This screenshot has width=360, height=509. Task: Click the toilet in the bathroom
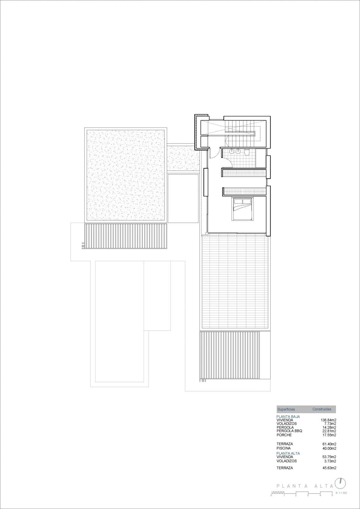[x=247, y=152]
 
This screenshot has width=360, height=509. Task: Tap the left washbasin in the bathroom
[x=232, y=151]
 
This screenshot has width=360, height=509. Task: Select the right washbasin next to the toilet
[x=238, y=151]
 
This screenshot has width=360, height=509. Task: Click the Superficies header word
[x=286, y=409]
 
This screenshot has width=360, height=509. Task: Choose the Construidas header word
[x=322, y=409]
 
